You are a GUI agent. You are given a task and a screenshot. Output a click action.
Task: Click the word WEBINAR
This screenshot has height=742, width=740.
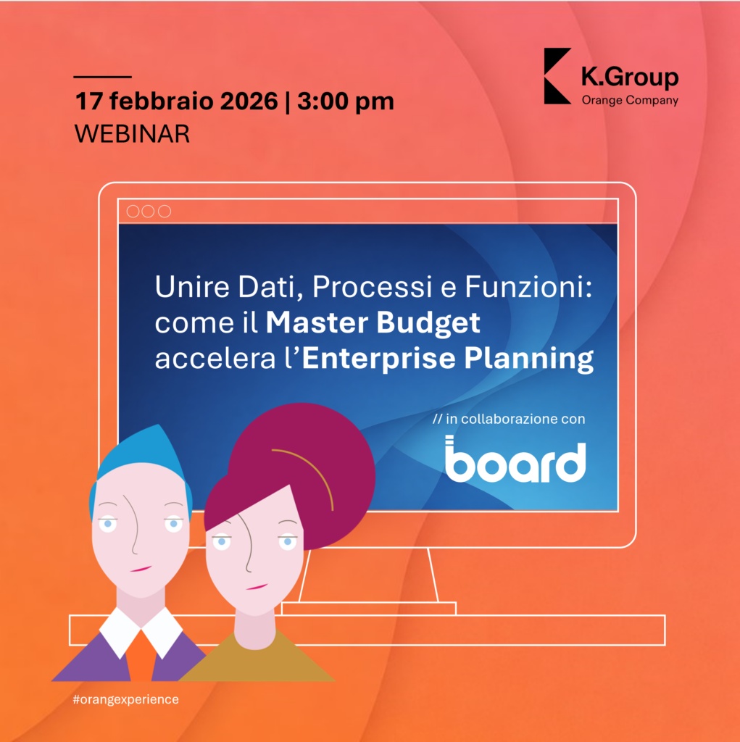(x=132, y=134)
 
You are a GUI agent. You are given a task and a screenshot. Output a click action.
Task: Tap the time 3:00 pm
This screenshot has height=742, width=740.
(x=346, y=101)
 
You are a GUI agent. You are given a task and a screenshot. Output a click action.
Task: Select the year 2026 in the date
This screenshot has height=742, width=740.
(x=249, y=101)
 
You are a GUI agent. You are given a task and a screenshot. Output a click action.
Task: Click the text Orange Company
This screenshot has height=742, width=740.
(x=630, y=100)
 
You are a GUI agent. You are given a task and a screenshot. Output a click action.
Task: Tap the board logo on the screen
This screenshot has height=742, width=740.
(x=515, y=459)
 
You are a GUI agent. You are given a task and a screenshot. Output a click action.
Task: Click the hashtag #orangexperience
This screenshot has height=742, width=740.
(x=126, y=699)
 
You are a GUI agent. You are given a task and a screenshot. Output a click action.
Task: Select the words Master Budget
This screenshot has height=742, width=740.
(x=373, y=323)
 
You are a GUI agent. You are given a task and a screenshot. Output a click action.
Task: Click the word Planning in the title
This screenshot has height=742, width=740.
(x=529, y=359)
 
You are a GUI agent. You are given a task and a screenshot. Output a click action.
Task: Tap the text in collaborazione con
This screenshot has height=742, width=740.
(x=515, y=419)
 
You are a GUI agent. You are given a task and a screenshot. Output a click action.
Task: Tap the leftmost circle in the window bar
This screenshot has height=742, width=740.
(x=133, y=211)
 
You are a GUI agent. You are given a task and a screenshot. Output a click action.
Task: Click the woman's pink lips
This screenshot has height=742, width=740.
(x=257, y=587)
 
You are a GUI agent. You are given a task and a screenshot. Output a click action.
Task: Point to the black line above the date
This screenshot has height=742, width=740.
(x=103, y=76)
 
